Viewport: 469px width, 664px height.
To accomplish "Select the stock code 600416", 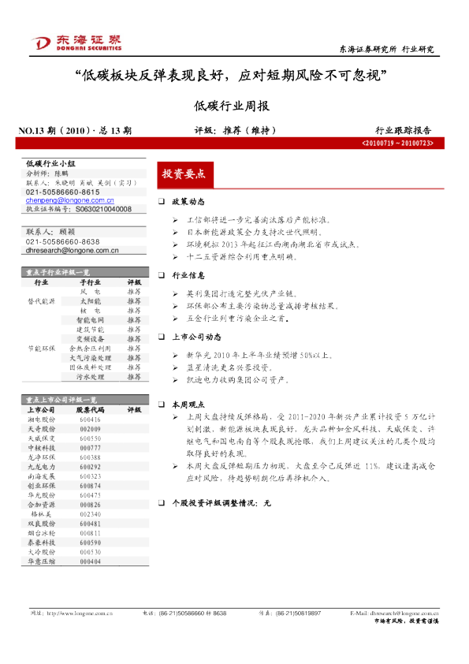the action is coord(90,420).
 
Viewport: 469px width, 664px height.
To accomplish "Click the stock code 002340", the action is coord(90,513).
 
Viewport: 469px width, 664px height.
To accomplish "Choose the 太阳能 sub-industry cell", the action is coord(90,301).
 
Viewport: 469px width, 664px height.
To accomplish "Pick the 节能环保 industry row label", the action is coord(41,348).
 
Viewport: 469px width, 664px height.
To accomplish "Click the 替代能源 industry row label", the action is coord(41,301).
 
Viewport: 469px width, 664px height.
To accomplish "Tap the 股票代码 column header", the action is coord(90,410).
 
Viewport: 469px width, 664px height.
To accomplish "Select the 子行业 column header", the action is coord(90,282).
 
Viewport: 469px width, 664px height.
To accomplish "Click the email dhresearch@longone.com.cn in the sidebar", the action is coord(72,251).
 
